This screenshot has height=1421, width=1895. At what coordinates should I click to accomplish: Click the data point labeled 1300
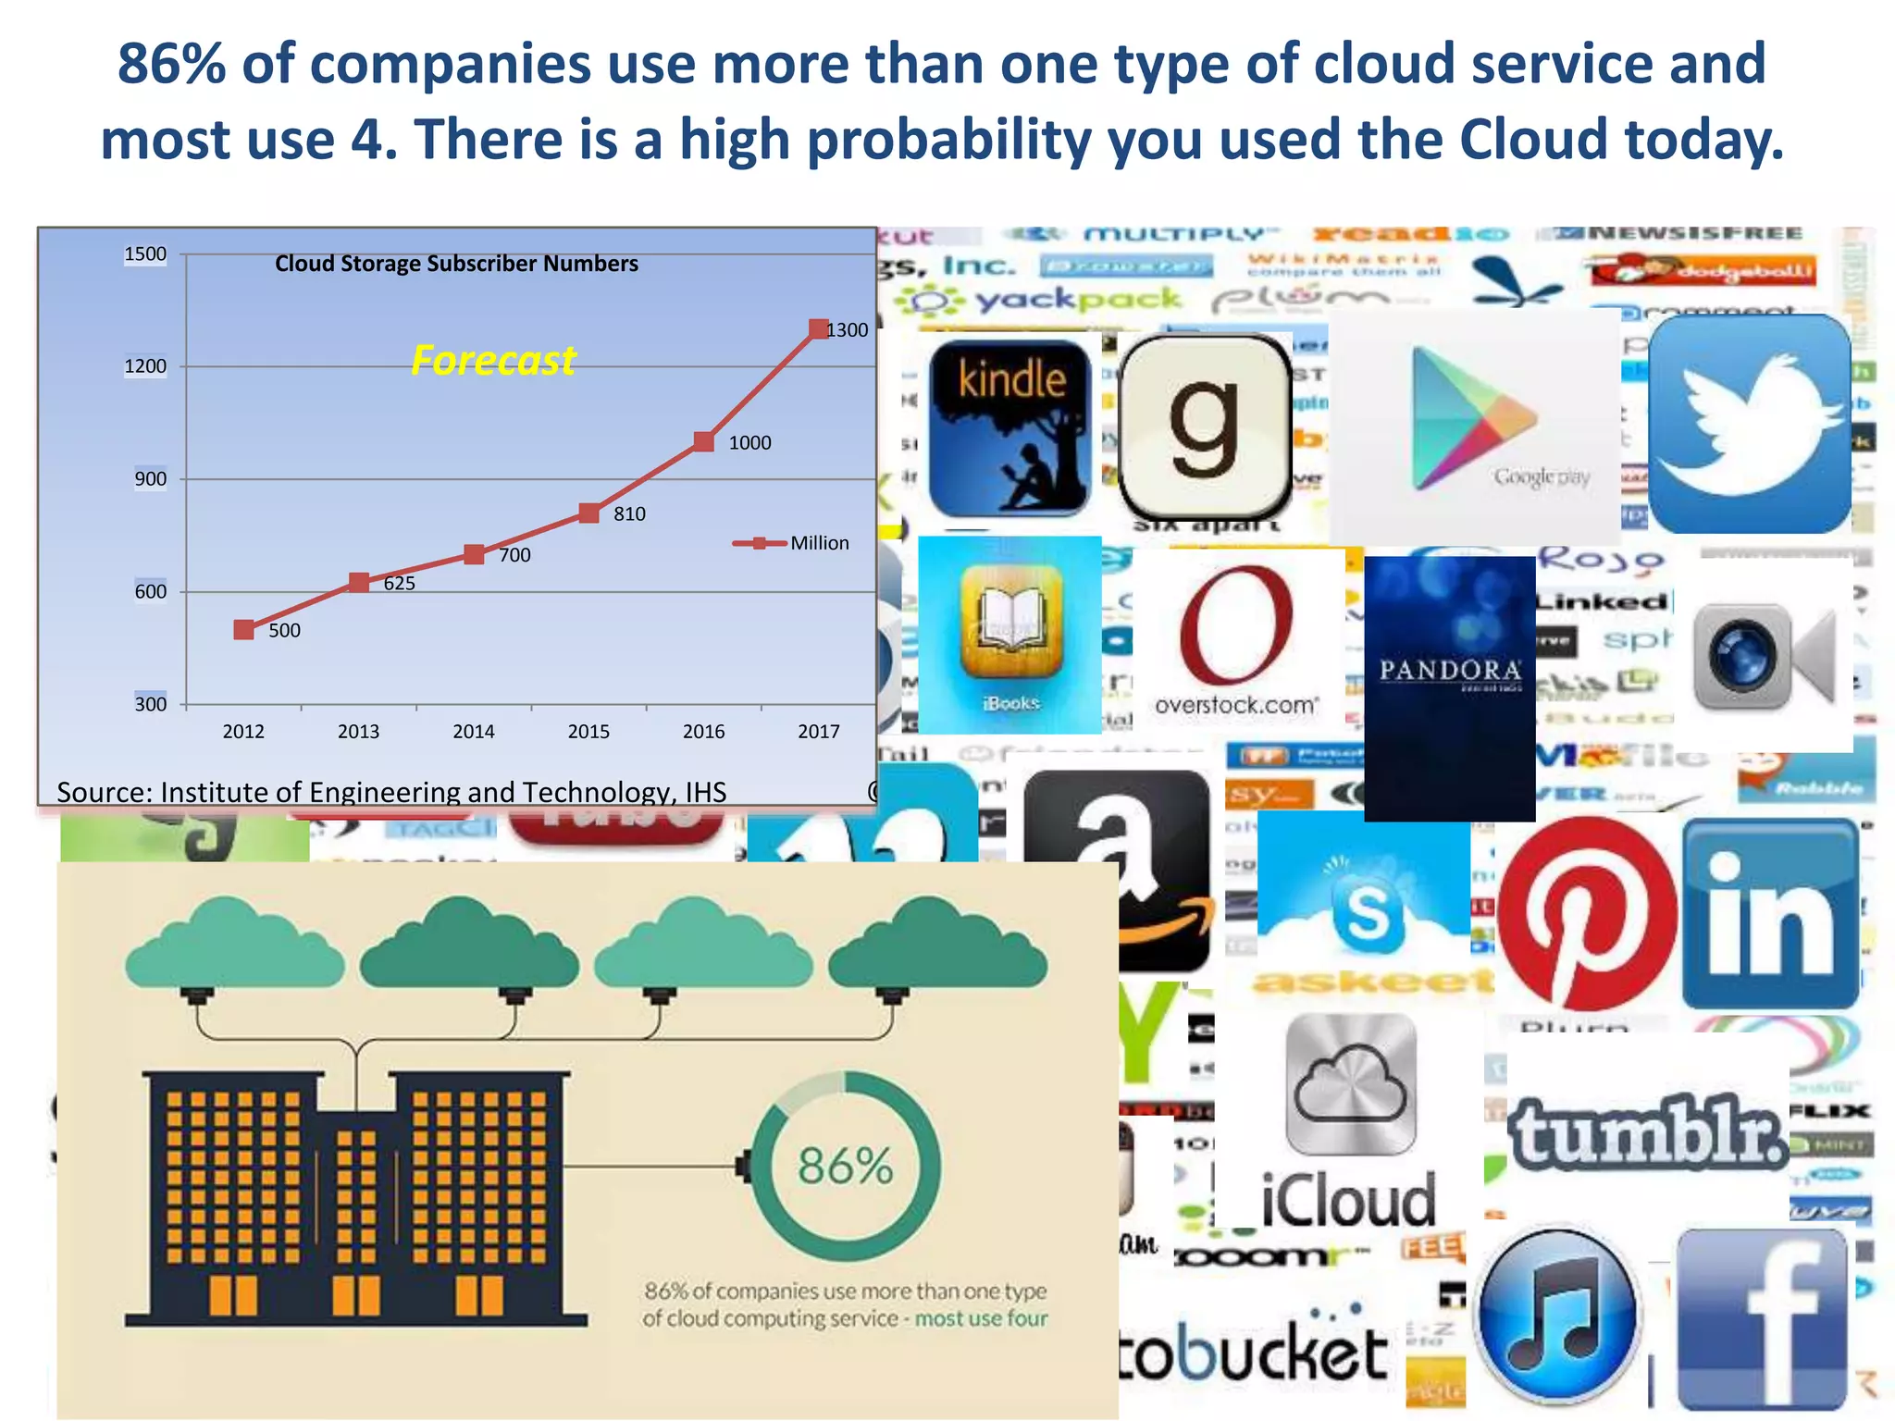819,329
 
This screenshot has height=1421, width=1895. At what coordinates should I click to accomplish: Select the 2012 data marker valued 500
244,630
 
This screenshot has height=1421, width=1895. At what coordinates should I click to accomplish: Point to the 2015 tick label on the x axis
588,732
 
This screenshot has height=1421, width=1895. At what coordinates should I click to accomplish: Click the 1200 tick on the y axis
145,366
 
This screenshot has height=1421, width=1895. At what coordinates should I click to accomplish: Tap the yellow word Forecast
493,360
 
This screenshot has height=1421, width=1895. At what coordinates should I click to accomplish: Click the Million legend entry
792,543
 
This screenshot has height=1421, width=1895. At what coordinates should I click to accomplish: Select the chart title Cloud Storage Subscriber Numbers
456,264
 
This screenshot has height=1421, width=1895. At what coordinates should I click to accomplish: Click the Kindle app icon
1009,427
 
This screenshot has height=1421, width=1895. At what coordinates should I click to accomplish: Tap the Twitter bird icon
1750,424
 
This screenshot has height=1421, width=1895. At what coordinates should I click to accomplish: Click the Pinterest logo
1586,912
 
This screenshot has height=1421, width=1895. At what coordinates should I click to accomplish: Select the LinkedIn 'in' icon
1769,914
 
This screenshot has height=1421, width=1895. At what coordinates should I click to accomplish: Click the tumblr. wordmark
1648,1131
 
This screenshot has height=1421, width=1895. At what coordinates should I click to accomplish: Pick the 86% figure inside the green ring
845,1166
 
